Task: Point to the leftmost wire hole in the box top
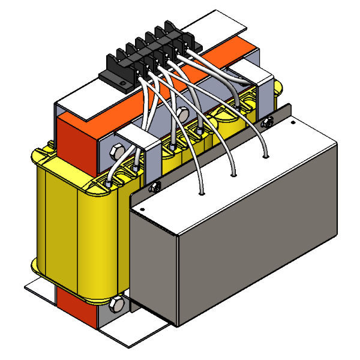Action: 203,194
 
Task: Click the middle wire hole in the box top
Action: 233,175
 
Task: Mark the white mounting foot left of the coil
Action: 39,288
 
